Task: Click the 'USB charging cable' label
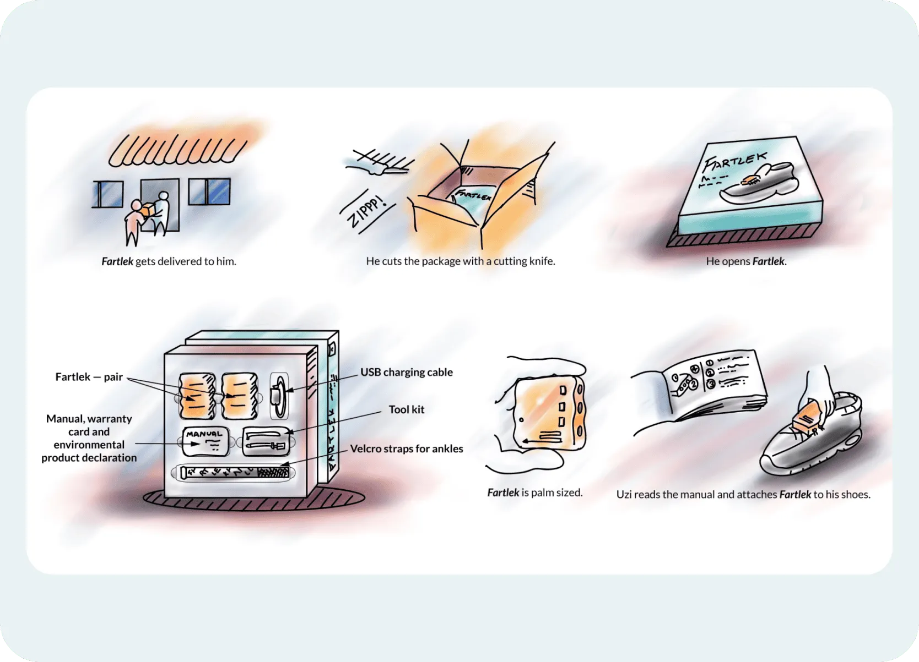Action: click(406, 372)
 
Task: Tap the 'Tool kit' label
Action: click(406, 409)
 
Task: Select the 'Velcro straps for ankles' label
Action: click(406, 448)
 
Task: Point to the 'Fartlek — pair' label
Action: click(89, 377)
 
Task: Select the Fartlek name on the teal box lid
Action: click(735, 162)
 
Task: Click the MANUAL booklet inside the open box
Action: click(205, 441)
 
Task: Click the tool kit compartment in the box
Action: click(266, 441)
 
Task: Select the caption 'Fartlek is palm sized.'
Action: click(534, 493)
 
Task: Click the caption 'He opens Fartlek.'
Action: click(746, 261)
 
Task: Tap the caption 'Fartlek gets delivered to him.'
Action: click(169, 261)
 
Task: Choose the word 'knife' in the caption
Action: click(541, 261)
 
